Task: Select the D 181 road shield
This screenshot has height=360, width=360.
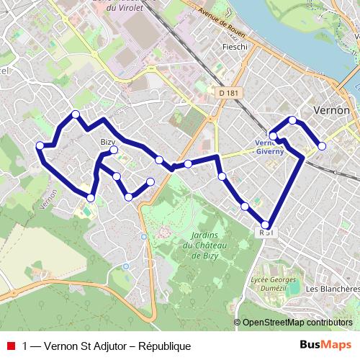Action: pyautogui.click(x=228, y=93)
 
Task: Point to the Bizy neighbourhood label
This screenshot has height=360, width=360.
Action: pyautogui.click(x=108, y=143)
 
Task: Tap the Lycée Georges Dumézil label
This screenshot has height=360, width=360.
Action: pyautogui.click(x=273, y=283)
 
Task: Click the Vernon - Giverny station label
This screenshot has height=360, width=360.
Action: pyautogui.click(x=270, y=147)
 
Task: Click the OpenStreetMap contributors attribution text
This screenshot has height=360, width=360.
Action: pyautogui.click(x=297, y=323)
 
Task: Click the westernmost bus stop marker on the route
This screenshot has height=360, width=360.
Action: pyautogui.click(x=40, y=145)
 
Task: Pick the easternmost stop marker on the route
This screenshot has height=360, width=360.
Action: pyautogui.click(x=322, y=146)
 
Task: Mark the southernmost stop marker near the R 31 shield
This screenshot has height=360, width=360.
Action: pyautogui.click(x=266, y=224)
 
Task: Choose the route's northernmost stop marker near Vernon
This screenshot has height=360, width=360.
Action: pyautogui.click(x=292, y=120)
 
